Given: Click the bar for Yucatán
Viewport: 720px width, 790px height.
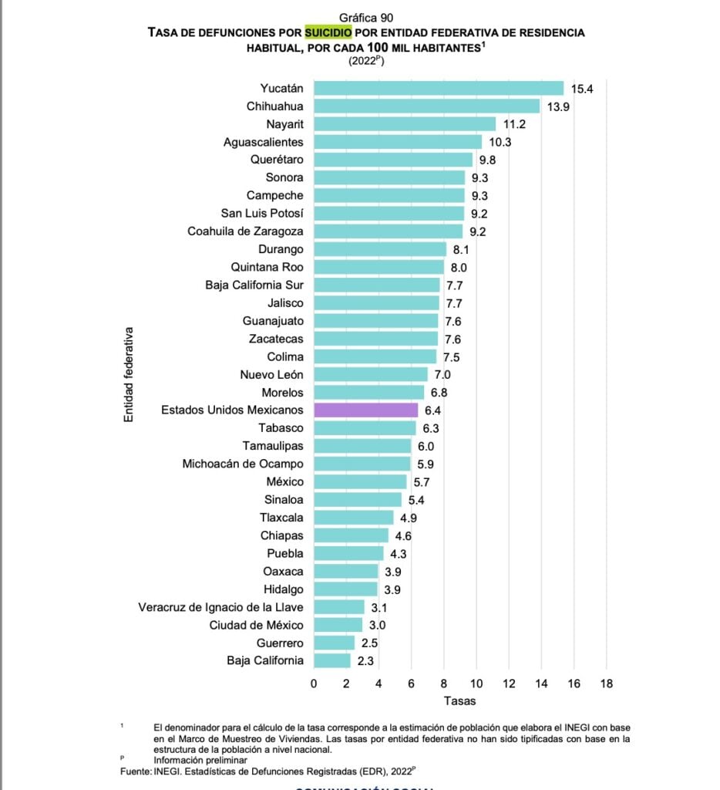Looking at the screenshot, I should point(438,89).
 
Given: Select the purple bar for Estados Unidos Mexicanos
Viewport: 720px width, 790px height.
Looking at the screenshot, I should point(365,410).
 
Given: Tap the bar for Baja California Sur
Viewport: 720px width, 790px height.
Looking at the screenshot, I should point(376,285).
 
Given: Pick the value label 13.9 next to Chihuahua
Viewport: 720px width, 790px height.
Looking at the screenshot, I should point(558,106).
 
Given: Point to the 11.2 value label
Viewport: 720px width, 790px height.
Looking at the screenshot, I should point(514,124).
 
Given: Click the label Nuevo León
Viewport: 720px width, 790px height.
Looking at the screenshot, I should point(272,374).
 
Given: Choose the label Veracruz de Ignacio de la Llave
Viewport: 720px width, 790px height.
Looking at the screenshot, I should point(220,607).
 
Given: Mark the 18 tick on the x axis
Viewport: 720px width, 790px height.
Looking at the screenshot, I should point(606,683).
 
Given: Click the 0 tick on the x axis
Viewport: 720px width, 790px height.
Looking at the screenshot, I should point(314,683).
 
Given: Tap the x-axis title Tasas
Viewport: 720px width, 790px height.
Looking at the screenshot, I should point(459,701).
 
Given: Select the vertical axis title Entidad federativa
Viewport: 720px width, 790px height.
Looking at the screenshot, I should point(130,374).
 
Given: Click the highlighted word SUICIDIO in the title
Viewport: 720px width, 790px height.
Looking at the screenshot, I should point(328,32).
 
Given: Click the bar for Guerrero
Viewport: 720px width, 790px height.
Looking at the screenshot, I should point(334,643).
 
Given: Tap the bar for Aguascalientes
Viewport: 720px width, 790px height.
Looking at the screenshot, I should point(397,142).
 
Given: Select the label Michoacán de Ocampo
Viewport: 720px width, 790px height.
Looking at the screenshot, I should point(243,464).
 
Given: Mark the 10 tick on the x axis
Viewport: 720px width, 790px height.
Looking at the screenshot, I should point(476,683).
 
